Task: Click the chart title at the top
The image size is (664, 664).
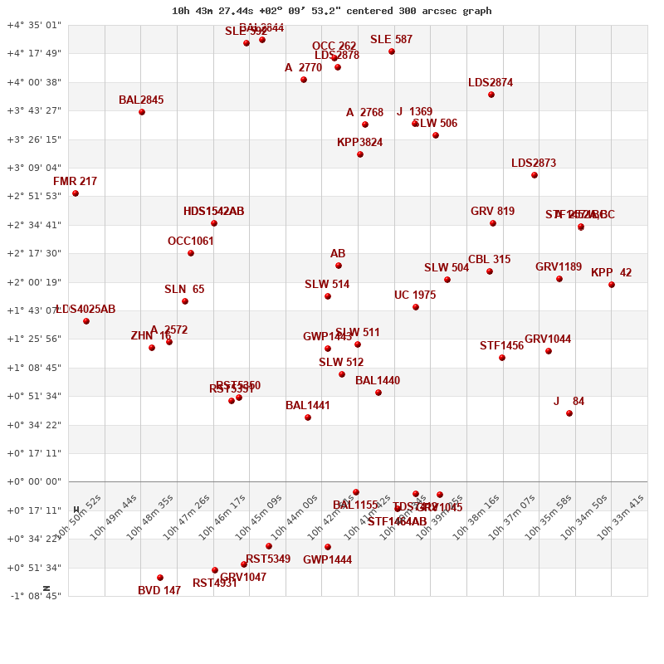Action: [x=331, y=11]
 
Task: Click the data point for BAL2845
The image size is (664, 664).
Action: [x=142, y=112]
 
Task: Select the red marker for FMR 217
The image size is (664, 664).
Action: [x=76, y=193]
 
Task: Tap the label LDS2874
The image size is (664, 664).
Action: [x=491, y=83]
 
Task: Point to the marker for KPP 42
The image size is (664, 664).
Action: [x=612, y=285]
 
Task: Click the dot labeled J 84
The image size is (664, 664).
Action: [x=569, y=413]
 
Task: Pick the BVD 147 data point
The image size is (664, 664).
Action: [x=160, y=578]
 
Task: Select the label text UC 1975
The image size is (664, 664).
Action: [x=415, y=295]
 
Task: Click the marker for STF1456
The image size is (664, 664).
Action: [x=502, y=358]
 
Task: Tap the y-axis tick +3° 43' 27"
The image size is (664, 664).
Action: [x=34, y=110]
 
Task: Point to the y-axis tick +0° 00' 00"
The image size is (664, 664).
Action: [x=34, y=481]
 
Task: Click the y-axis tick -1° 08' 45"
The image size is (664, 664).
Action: [x=34, y=596]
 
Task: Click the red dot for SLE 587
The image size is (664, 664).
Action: [x=392, y=51]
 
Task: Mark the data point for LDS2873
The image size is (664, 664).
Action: [x=535, y=175]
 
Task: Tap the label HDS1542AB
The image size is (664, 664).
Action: [x=213, y=212]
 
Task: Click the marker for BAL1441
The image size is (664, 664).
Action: [x=308, y=417]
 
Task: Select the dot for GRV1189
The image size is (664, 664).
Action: [x=559, y=279]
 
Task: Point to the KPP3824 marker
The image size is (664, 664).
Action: [x=360, y=154]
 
